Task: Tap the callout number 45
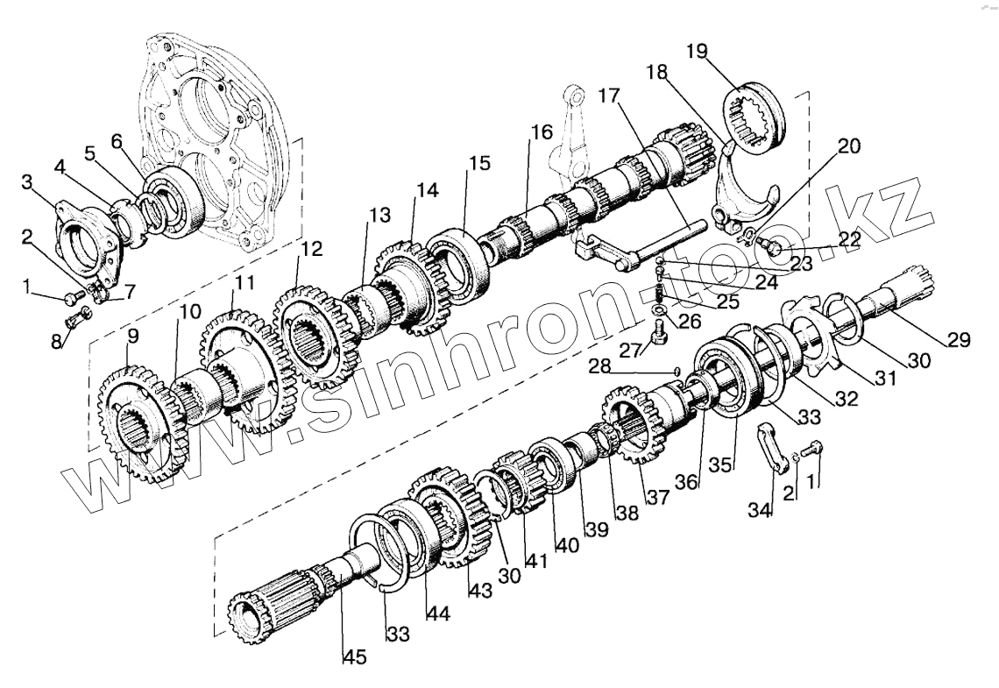tap(354, 656)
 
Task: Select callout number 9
tap(132, 336)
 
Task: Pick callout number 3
tap(28, 182)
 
